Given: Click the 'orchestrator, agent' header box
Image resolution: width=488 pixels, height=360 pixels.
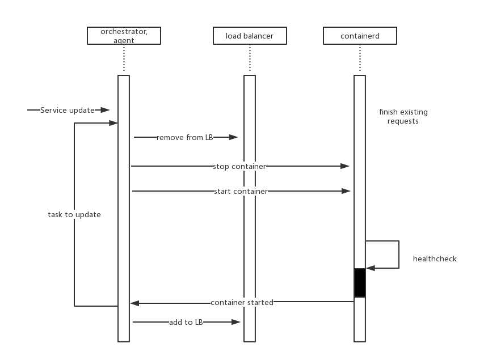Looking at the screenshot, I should [124, 36].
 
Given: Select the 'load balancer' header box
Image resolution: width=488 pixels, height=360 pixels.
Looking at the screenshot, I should [250, 36].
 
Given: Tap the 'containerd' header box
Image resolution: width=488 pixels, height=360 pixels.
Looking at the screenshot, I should [360, 36].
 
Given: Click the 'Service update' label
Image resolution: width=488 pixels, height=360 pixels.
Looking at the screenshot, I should [67, 110].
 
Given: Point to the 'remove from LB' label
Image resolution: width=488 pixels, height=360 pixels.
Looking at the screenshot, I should [184, 137].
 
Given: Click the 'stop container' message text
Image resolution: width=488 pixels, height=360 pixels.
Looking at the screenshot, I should [239, 166].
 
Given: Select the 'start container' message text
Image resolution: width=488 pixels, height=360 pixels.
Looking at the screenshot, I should [241, 191].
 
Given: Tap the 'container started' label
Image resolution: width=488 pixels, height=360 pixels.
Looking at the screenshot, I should [242, 302].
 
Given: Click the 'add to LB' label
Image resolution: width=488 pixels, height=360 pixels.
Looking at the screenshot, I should [186, 322].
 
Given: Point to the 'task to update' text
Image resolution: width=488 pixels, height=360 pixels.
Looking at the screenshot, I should [74, 215].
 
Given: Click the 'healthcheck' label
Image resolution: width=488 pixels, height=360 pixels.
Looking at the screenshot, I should [435, 259].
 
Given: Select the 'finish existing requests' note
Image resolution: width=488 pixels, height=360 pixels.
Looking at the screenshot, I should [403, 116].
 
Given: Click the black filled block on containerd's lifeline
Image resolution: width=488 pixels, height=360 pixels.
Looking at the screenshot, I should [360, 282].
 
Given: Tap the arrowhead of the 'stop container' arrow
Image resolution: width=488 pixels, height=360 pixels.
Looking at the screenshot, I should [345, 166].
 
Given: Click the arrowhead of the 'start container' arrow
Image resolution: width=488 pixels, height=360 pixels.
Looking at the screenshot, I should [346, 191].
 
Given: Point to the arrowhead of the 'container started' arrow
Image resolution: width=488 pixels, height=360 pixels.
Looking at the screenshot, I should [134, 303].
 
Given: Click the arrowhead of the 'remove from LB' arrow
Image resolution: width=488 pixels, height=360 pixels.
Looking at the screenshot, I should [233, 137].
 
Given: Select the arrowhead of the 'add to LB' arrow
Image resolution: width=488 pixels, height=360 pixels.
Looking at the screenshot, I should [236, 322].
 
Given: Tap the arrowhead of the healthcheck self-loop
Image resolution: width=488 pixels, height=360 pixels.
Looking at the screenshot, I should [371, 268].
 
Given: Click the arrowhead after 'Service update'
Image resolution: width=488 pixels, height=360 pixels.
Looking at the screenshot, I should [105, 110].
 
